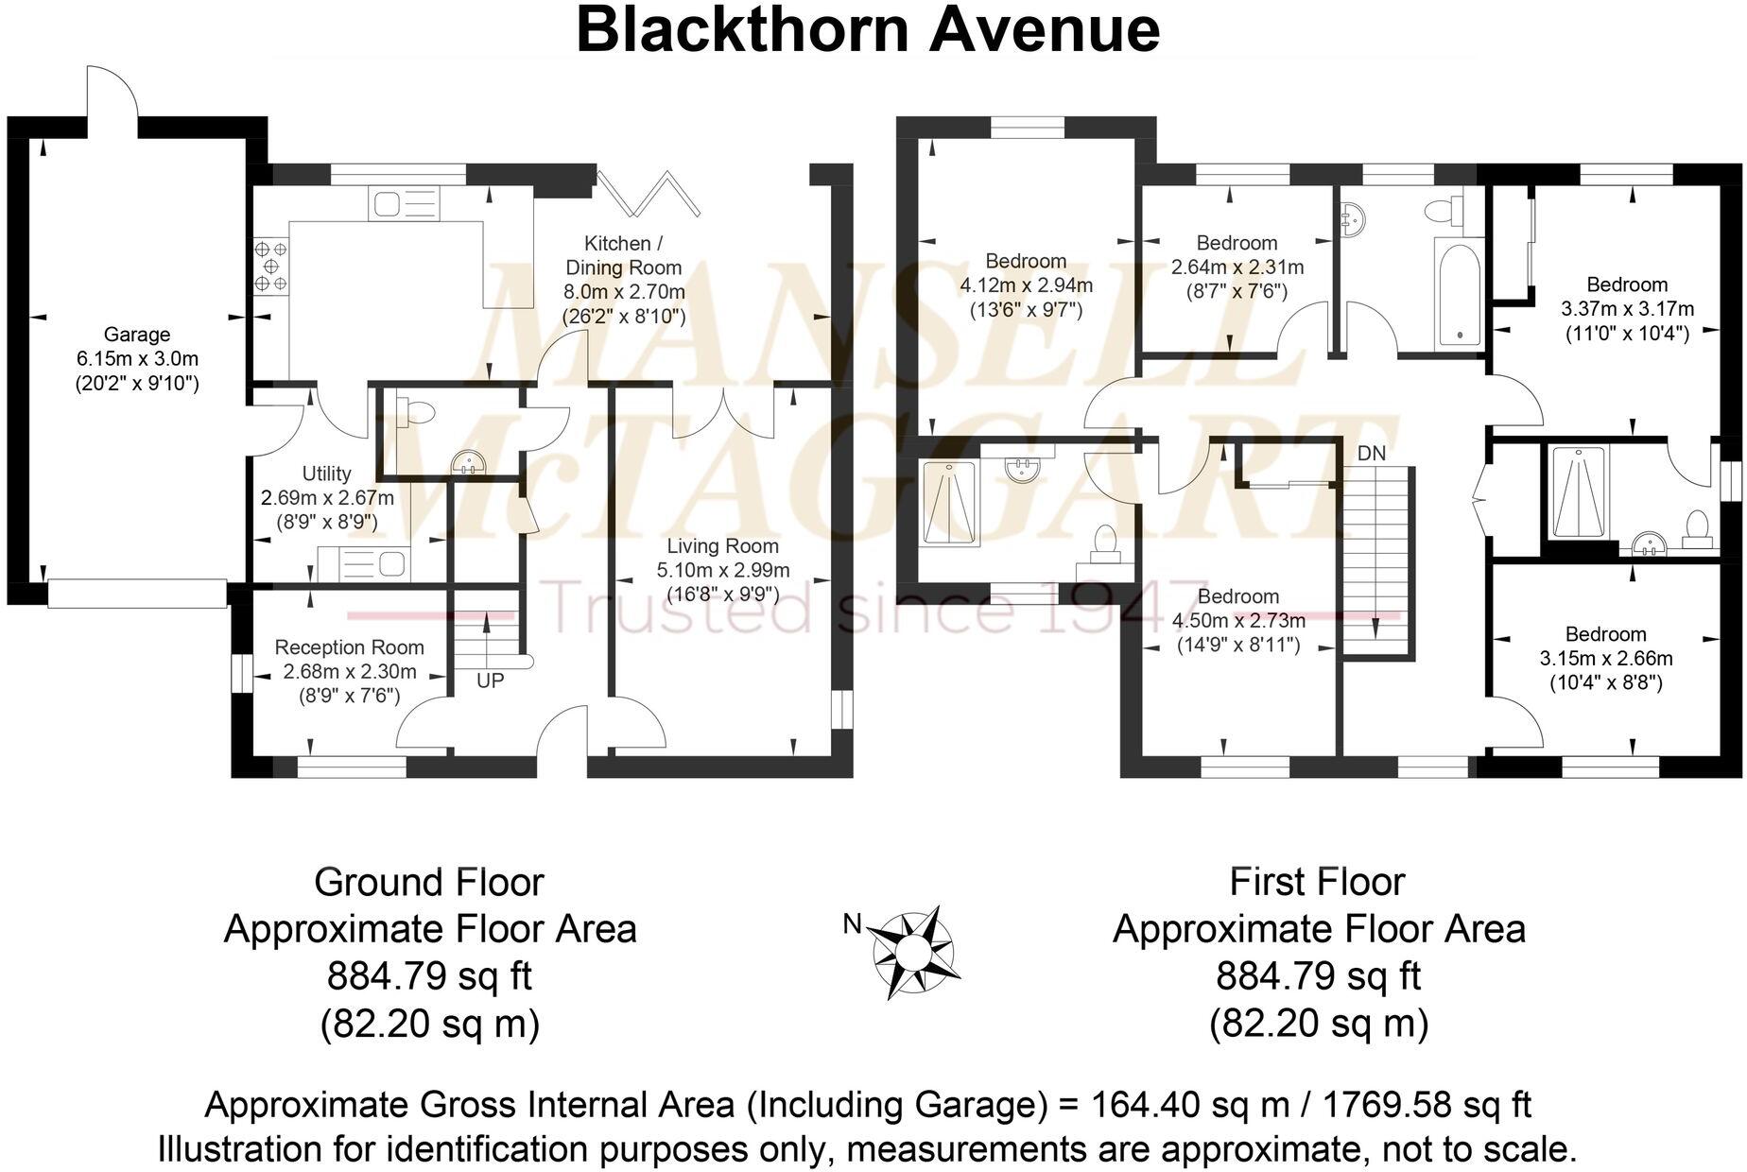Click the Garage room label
[x=137, y=335]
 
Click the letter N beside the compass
[x=852, y=924]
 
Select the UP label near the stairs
[x=490, y=681]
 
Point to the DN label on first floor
[x=1371, y=454]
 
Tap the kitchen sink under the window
[x=405, y=204]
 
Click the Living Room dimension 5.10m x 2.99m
[x=722, y=571]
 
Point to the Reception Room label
[x=349, y=647]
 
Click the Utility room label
[x=326, y=474]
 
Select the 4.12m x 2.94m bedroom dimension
[x=1026, y=285]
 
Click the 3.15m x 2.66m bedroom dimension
[x=1605, y=659]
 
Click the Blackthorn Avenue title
[x=867, y=29]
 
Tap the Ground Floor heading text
[x=429, y=883]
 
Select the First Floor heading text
[x=1317, y=883]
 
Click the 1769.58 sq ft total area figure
[x=1426, y=1104]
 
